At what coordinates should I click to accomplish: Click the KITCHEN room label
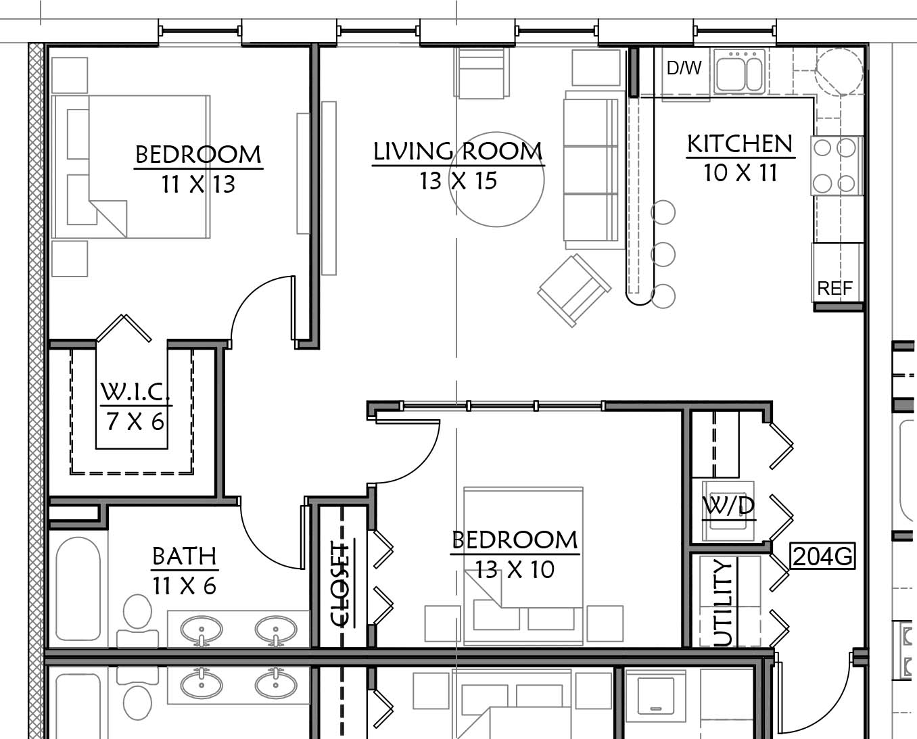pos(740,143)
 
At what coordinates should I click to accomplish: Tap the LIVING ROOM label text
pos(458,151)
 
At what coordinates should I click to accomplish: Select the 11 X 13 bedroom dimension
pos(198,184)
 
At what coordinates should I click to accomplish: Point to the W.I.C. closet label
pos(135,391)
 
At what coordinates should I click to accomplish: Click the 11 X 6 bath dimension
pos(184,586)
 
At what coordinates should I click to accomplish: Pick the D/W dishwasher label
pos(684,68)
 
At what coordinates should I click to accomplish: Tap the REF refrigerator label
pos(834,289)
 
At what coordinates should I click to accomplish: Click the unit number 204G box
pos(823,556)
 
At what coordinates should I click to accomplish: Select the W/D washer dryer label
pos(728,506)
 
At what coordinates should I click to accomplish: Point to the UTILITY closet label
pos(722,603)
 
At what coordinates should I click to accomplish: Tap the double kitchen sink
pos(740,71)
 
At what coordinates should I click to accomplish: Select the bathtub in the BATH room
pos(78,589)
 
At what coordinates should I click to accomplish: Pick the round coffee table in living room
pos(496,179)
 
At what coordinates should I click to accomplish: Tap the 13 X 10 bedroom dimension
pos(515,569)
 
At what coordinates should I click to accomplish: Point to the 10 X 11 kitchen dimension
pos(740,172)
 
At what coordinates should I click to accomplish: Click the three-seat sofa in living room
pos(591,170)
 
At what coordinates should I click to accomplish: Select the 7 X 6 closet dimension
pos(135,422)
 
